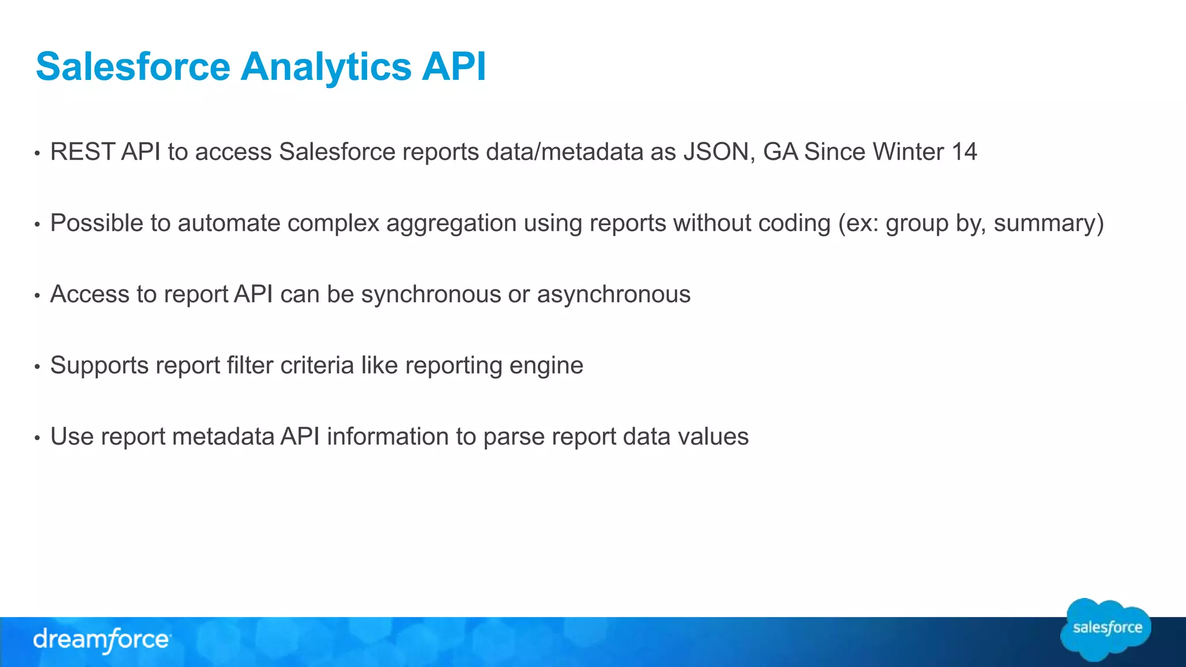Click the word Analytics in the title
coord(325,67)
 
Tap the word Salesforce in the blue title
coord(133,67)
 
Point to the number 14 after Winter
coord(964,152)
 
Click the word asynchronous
coord(614,295)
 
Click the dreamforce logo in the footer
coord(101,640)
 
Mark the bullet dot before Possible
coord(37,225)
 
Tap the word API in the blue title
coord(453,67)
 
